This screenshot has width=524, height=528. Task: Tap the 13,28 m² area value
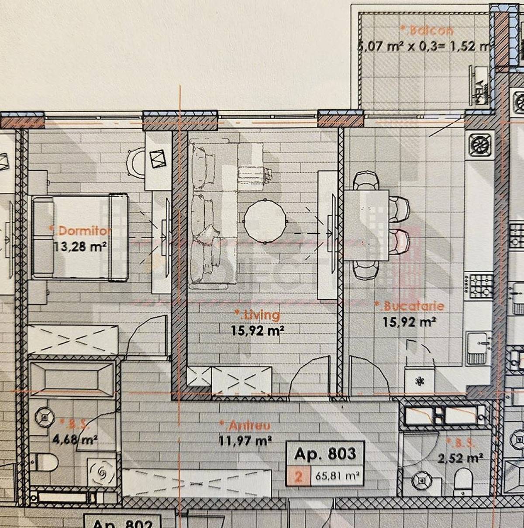pos(81,247)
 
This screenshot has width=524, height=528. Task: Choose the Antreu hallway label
pos(246,425)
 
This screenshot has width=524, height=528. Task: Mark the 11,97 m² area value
pos(246,441)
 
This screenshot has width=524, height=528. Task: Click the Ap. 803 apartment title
pos(325,454)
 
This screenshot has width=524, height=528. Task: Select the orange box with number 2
pos(298,476)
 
